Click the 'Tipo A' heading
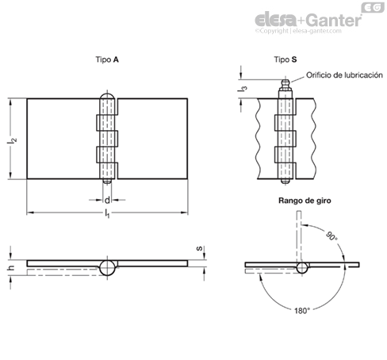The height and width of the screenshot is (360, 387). tap(107, 59)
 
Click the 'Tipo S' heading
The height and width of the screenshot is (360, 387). tap(285, 59)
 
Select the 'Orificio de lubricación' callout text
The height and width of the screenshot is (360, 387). tap(344, 75)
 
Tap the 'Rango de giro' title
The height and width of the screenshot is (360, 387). tap(305, 201)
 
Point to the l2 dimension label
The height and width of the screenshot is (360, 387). tap(12, 140)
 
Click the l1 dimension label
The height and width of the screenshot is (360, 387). tap(107, 213)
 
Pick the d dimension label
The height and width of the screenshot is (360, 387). tap(107, 201)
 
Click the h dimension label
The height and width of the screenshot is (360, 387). tap(11, 268)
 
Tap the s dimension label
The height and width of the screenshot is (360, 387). tap(199, 248)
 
